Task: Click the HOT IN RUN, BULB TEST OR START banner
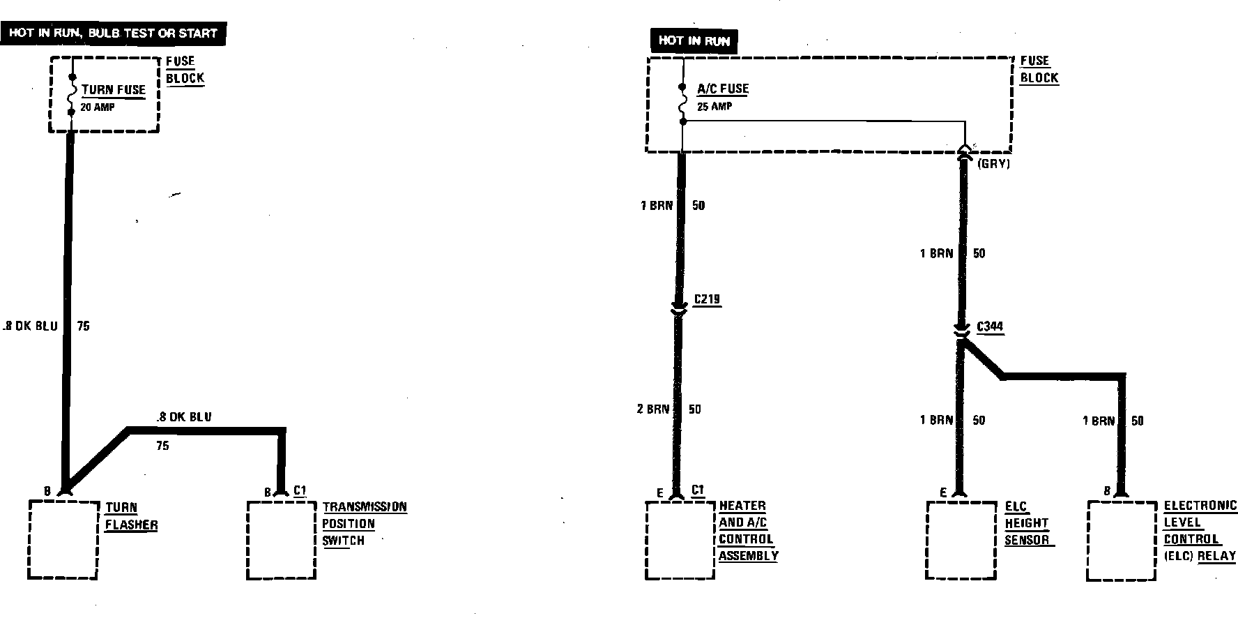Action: (x=114, y=33)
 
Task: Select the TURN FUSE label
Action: (x=113, y=90)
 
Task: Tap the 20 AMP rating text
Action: (x=98, y=107)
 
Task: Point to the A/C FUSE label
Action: (x=722, y=89)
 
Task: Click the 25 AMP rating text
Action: (x=714, y=107)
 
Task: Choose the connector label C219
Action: (x=707, y=300)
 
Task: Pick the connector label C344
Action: (x=990, y=326)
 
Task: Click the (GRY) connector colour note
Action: (x=993, y=164)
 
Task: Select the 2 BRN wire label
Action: (x=652, y=409)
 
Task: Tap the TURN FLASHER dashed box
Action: (x=63, y=539)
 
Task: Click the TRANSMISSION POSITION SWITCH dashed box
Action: (x=281, y=539)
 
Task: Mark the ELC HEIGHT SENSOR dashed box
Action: (x=961, y=540)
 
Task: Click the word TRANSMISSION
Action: (x=364, y=507)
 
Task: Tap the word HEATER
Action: (x=742, y=506)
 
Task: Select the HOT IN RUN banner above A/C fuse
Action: (x=694, y=41)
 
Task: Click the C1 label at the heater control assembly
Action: (x=698, y=490)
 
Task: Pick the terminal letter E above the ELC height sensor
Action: (x=943, y=493)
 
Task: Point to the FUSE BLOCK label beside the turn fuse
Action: (x=185, y=70)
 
